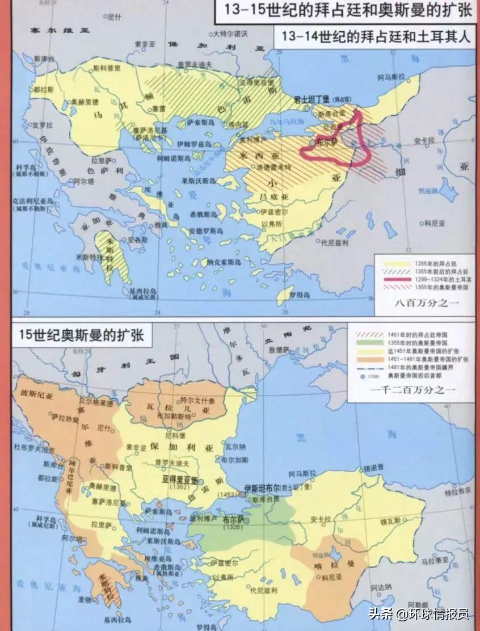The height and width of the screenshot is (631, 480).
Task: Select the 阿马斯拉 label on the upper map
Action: [389, 76]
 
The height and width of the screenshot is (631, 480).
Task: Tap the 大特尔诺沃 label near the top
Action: [230, 35]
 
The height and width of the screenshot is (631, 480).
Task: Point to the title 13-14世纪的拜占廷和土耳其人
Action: [373, 37]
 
